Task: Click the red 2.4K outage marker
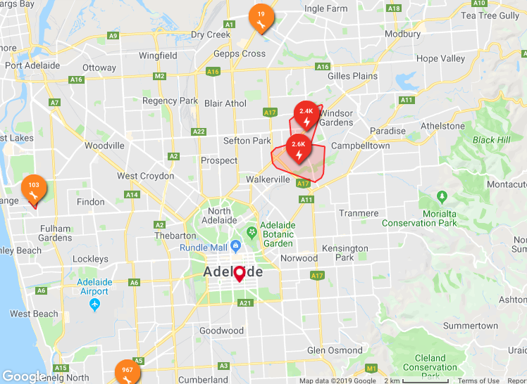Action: click(x=306, y=114)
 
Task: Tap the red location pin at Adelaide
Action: click(x=240, y=274)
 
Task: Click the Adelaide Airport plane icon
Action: click(x=95, y=305)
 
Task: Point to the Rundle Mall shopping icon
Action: click(x=236, y=247)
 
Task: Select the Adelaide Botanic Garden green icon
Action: click(x=252, y=231)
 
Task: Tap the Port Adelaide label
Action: click(x=32, y=65)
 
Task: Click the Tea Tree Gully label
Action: click(x=489, y=15)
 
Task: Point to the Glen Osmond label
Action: click(x=335, y=350)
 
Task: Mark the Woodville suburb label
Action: click(x=104, y=146)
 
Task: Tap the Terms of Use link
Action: click(x=478, y=380)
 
